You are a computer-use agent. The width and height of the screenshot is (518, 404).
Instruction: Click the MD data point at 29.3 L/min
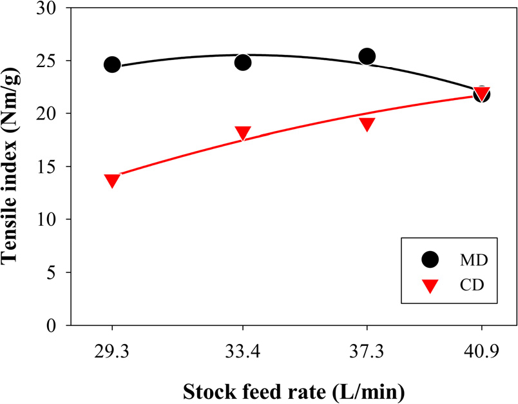click(x=112, y=65)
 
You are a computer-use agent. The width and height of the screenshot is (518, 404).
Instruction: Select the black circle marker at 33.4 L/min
click(x=243, y=62)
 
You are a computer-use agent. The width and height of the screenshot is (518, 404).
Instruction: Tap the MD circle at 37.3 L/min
click(x=367, y=56)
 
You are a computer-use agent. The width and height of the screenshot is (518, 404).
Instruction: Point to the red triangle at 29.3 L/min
click(x=112, y=181)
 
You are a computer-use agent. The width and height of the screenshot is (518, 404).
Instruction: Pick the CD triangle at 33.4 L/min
click(x=243, y=134)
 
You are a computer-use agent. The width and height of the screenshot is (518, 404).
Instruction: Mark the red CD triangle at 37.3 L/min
click(x=367, y=124)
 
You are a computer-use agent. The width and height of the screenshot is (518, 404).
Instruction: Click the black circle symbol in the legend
click(x=429, y=259)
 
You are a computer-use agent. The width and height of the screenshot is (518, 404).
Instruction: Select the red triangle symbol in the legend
click(x=429, y=284)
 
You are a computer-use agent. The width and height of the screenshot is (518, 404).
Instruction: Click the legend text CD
click(x=471, y=284)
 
